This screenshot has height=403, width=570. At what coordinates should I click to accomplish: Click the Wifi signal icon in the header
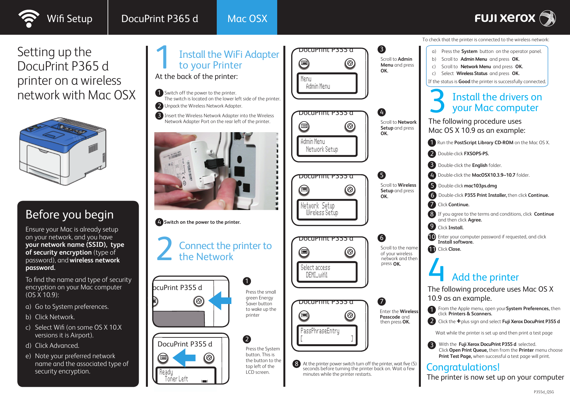(x=29, y=19)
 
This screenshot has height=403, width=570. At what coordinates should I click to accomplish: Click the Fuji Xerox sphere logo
(x=548, y=18)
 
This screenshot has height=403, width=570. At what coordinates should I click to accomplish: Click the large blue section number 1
(x=162, y=57)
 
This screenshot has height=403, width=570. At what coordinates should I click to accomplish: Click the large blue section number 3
(x=437, y=101)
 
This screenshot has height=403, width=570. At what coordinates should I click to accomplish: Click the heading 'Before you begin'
(x=70, y=215)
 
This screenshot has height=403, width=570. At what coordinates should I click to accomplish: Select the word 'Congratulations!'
(x=463, y=367)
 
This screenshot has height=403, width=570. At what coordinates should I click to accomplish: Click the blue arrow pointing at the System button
(x=184, y=358)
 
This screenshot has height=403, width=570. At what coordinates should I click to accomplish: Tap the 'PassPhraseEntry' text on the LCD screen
(x=320, y=331)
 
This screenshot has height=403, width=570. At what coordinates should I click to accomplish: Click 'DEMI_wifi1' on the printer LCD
(x=317, y=275)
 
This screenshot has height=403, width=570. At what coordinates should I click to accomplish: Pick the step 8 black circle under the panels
(x=296, y=364)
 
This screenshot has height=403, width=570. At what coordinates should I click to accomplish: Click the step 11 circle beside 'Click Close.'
(x=432, y=249)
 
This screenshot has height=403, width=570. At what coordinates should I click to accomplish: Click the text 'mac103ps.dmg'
(x=480, y=186)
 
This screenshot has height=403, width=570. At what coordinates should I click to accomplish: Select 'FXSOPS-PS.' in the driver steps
(x=476, y=154)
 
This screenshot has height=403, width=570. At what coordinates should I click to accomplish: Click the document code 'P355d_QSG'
(x=544, y=392)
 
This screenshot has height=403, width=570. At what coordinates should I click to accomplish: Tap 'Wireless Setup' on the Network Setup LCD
(x=322, y=213)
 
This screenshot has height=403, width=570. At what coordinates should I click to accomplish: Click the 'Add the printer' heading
(x=485, y=277)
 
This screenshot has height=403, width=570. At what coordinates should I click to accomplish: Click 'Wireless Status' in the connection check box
(x=472, y=73)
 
